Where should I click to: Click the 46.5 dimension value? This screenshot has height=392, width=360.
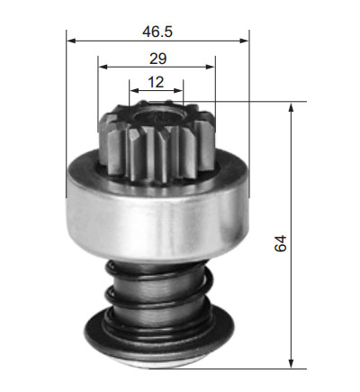coord(157,32)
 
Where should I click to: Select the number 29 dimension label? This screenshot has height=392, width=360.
coord(157,59)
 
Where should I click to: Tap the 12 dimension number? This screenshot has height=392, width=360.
coord(156,82)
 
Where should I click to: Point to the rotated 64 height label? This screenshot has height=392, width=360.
coord(281,243)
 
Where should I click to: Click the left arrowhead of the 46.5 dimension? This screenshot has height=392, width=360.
coord(71,41)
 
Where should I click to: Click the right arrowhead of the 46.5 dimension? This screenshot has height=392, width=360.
coord(245,41)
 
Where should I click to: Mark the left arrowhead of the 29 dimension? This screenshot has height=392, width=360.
coord(103,67)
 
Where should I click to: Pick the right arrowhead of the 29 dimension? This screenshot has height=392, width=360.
coord(211,67)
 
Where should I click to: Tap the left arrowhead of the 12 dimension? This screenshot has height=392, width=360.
coord(134,90)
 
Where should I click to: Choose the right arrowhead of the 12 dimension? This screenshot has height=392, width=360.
coord(178,90)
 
